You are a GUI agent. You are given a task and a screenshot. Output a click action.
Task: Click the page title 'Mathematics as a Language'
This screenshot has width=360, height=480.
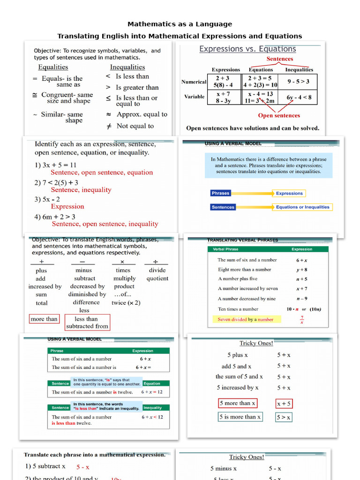(x=180, y=24)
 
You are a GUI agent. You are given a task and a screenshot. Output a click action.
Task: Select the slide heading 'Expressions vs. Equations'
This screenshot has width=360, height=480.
(x=247, y=49)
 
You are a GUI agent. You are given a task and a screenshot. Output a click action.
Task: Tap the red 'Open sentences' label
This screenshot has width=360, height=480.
(x=279, y=115)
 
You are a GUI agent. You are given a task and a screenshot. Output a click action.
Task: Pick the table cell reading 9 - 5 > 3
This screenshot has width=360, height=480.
(x=298, y=81)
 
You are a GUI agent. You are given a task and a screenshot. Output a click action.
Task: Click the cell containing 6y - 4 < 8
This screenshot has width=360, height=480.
(x=299, y=97)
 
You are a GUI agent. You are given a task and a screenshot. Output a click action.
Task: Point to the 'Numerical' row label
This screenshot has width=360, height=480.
(x=194, y=82)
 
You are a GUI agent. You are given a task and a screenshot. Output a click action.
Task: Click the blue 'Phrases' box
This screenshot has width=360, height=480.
(x=221, y=193)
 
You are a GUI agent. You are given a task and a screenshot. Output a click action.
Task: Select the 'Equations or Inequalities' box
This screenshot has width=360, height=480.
(x=302, y=207)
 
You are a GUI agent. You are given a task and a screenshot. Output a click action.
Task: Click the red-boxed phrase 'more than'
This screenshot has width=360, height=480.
(x=44, y=319)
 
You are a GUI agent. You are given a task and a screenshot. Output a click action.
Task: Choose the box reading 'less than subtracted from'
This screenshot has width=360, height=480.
(x=87, y=322)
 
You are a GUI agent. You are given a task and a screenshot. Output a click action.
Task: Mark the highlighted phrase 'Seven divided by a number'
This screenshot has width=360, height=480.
(x=245, y=319)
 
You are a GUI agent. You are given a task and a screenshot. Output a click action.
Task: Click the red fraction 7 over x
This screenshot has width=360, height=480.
(x=301, y=320)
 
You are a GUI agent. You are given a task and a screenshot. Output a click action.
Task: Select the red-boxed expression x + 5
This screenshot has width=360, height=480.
(x=284, y=403)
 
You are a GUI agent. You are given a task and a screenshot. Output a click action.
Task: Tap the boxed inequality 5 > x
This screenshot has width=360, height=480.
(x=284, y=417)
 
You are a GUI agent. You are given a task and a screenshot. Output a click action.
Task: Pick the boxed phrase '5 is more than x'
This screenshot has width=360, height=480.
(x=240, y=417)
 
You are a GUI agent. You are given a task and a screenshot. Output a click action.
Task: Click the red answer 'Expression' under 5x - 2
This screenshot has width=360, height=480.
(x=67, y=206)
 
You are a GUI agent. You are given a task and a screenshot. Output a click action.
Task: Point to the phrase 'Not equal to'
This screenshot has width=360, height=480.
(x=135, y=126)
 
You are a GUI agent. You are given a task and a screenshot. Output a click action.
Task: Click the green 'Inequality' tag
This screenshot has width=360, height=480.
(x=153, y=407)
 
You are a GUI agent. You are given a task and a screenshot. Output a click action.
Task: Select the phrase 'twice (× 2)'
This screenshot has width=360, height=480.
(x=126, y=302)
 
